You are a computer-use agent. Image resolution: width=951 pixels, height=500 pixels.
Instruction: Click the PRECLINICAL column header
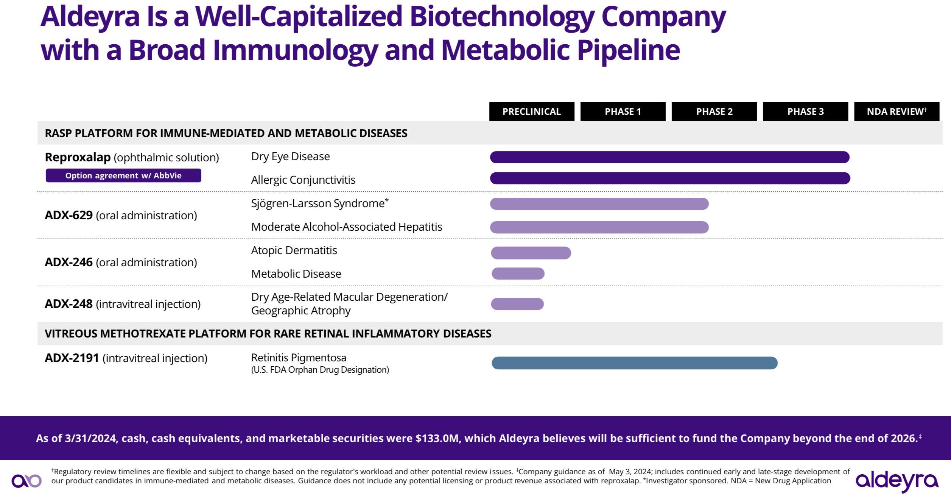pos(531,111)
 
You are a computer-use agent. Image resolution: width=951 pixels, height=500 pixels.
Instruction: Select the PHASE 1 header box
pos(623,111)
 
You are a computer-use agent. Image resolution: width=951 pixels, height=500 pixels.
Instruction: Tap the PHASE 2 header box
pos(714,111)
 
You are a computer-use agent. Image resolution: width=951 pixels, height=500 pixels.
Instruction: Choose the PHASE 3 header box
pos(805,111)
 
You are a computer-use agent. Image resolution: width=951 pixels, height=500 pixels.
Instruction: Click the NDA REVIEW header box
pos(897,111)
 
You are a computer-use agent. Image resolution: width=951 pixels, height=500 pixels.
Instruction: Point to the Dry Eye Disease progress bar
pos(669,157)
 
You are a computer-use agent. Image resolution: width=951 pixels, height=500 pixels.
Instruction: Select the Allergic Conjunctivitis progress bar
pos(670,178)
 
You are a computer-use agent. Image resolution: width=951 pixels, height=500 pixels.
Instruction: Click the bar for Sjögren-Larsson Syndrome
pos(599,204)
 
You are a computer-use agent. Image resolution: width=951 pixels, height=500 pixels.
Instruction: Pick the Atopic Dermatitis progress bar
pos(531,253)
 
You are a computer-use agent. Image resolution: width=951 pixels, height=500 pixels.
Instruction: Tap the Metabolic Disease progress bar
pos(518,273)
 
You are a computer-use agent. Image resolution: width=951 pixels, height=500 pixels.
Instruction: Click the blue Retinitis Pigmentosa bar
pos(634,363)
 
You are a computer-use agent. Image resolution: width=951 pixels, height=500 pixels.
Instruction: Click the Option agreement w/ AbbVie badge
pos(123,175)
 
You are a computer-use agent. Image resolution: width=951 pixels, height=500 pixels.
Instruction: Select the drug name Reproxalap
pos(78,157)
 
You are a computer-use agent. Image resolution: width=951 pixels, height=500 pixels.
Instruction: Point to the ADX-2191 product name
pos(72,358)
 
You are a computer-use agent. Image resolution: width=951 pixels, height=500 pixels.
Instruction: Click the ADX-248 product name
pos(68,304)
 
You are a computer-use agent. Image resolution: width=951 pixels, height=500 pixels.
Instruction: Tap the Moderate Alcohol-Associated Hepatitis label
pos(346,227)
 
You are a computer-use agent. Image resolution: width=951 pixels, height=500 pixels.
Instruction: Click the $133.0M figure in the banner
pos(437,438)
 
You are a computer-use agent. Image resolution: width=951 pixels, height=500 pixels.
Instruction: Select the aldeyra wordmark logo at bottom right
pos(897,481)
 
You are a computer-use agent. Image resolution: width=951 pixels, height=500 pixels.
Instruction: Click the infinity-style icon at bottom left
pos(26,481)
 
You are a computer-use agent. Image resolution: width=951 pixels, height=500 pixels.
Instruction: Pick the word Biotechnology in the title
pos(501,17)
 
